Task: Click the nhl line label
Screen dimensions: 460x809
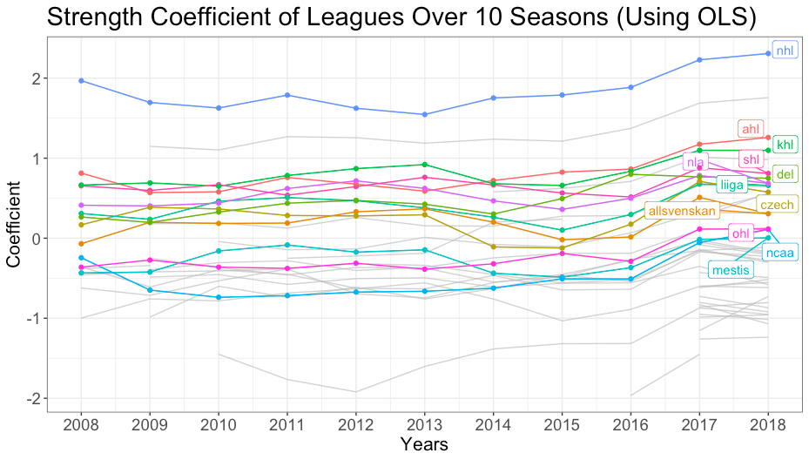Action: (x=785, y=51)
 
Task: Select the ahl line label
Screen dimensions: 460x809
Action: (x=751, y=129)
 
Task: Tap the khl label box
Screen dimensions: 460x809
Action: (x=785, y=145)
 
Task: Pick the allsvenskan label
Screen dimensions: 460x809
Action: (x=680, y=211)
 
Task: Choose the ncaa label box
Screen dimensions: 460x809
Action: (x=779, y=253)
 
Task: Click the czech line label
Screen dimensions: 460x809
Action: (x=781, y=204)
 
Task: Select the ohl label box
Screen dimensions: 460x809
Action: (x=741, y=233)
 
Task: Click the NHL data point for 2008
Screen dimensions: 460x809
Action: (x=81, y=80)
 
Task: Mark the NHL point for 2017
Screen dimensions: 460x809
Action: (x=699, y=60)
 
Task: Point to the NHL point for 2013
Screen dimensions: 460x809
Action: (x=424, y=114)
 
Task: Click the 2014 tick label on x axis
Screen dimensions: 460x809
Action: (x=493, y=427)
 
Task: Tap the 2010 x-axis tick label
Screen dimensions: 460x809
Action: (x=219, y=427)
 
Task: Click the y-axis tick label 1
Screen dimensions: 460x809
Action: (x=38, y=159)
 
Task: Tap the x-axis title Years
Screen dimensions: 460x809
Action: (x=423, y=445)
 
